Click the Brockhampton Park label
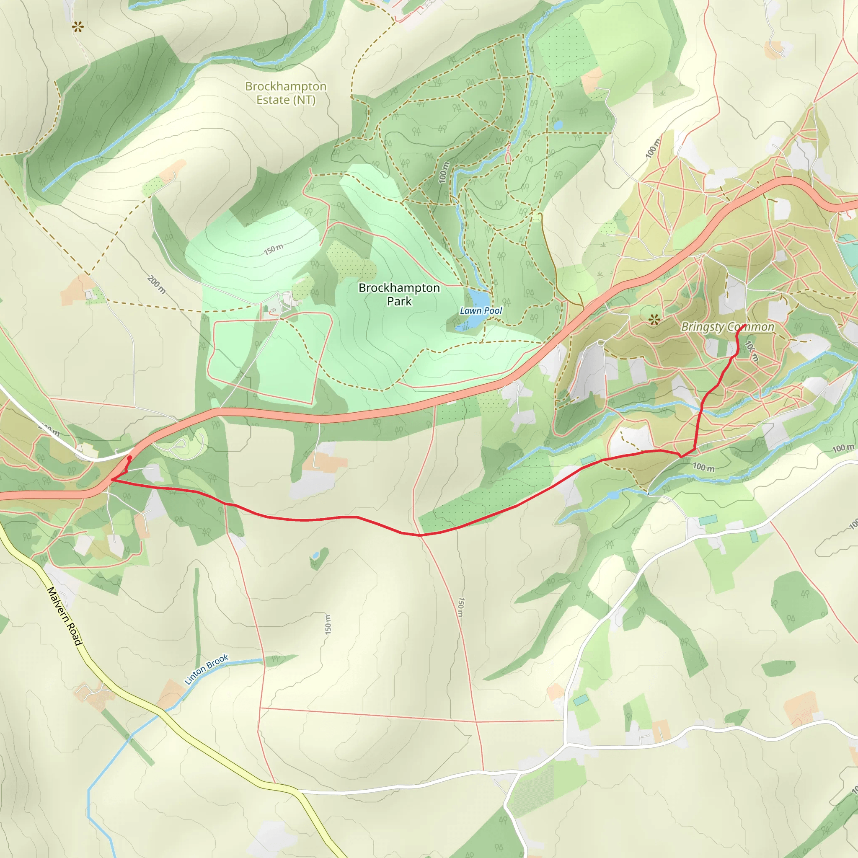pyautogui.click(x=399, y=295)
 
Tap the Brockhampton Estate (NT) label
pyautogui.click(x=286, y=93)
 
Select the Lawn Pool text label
pyautogui.click(x=481, y=311)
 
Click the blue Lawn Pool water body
pyautogui.click(x=476, y=302)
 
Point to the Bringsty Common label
pyautogui.click(x=727, y=327)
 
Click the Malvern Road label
pyautogui.click(x=65, y=616)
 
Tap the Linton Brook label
pyautogui.click(x=206, y=669)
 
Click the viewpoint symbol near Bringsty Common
pyautogui.click(x=653, y=319)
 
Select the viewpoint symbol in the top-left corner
pyautogui.click(x=78, y=28)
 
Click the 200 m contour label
pyautogui.click(x=157, y=284)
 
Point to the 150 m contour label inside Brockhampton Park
pyautogui.click(x=274, y=249)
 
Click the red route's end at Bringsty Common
pyautogui.click(x=744, y=326)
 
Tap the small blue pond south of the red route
pyautogui.click(x=315, y=556)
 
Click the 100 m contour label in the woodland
pyautogui.click(x=444, y=172)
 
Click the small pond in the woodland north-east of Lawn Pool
pyautogui.click(x=558, y=125)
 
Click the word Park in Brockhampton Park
pyautogui.click(x=399, y=302)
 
